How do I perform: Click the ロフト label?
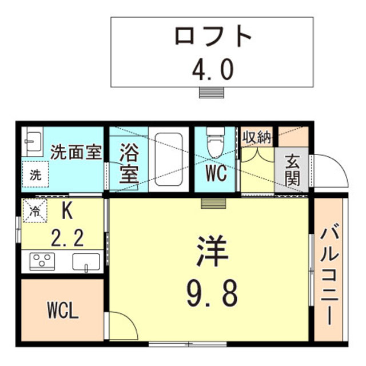(213, 37)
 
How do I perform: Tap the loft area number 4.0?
(212, 70)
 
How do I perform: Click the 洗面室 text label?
(76, 153)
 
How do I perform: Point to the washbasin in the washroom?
(33, 141)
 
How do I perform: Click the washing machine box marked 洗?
(35, 175)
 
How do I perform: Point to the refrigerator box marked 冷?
(34, 210)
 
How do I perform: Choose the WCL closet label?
(63, 312)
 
